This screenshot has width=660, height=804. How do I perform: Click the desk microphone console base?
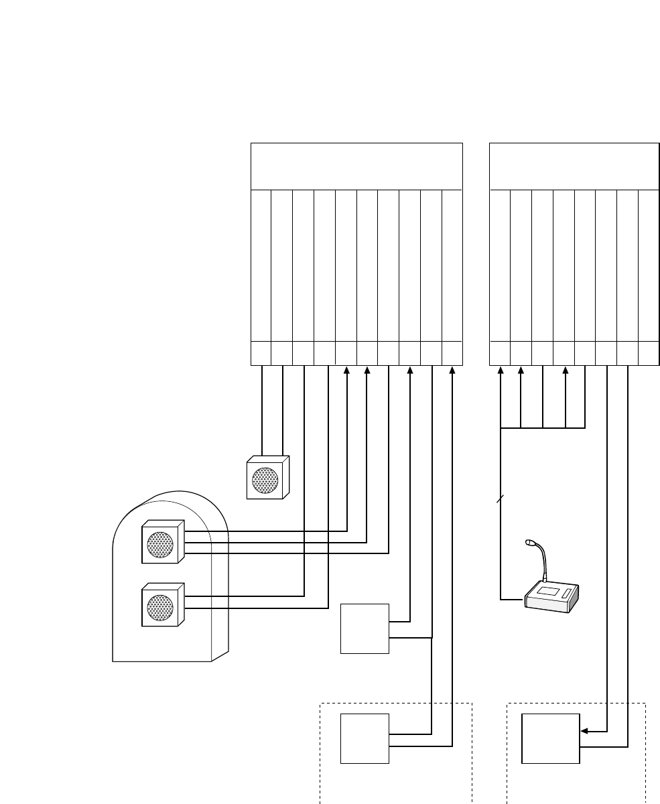click(551, 598)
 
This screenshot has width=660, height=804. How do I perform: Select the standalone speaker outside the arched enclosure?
click(267, 478)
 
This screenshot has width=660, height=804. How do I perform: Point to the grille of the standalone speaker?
click(264, 480)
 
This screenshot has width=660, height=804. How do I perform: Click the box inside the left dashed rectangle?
click(365, 738)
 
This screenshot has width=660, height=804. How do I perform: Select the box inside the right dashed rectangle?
click(551, 738)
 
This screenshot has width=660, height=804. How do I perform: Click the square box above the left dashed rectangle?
click(365, 628)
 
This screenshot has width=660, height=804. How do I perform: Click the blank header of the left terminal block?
click(356, 166)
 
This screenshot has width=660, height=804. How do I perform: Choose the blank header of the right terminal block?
click(574, 166)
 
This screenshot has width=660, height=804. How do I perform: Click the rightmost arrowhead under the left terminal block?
click(452, 370)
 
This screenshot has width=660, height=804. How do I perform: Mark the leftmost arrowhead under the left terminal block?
click(346, 370)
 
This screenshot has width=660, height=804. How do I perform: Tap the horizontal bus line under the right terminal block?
click(543, 427)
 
